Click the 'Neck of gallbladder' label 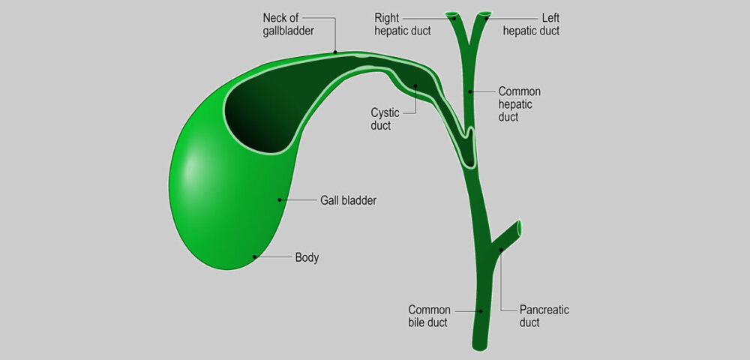point(289,25)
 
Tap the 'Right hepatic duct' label point(402,25)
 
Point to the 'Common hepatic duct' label point(520,103)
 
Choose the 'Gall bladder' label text point(348,201)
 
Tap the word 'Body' point(307,258)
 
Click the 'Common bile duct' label point(429,316)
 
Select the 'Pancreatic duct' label point(544,316)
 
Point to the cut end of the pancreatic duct point(518,228)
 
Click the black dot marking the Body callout point(255,256)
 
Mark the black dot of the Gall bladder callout point(279,199)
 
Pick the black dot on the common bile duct point(481,311)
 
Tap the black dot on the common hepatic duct point(471,91)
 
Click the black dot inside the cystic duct point(415,86)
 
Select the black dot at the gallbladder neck point(335,52)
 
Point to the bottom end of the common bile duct point(480,347)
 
